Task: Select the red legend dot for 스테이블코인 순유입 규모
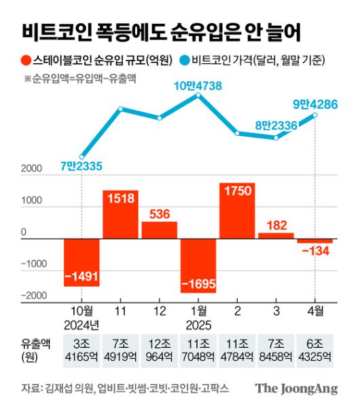coord(26,61)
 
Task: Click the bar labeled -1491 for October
coord(82,262)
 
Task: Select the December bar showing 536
coord(159,230)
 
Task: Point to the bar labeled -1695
coord(198,266)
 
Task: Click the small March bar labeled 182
coord(275,236)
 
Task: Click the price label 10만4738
coord(198,85)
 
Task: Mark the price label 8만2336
coord(278,124)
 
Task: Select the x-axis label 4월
coord(314,312)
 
